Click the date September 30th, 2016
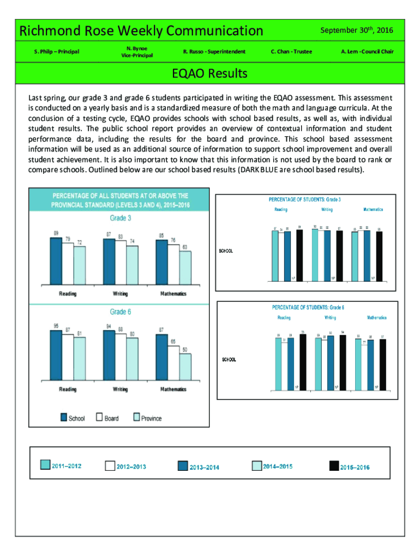(x=357, y=30)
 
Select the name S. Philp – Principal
(x=57, y=52)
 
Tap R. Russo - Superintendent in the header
(x=214, y=52)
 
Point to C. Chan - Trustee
(x=291, y=52)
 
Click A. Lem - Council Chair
(x=367, y=52)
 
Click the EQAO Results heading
(x=209, y=73)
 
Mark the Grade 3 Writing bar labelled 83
(x=120, y=262)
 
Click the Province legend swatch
(x=137, y=417)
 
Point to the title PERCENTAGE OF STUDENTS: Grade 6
(x=308, y=307)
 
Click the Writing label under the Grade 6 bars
(x=120, y=389)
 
